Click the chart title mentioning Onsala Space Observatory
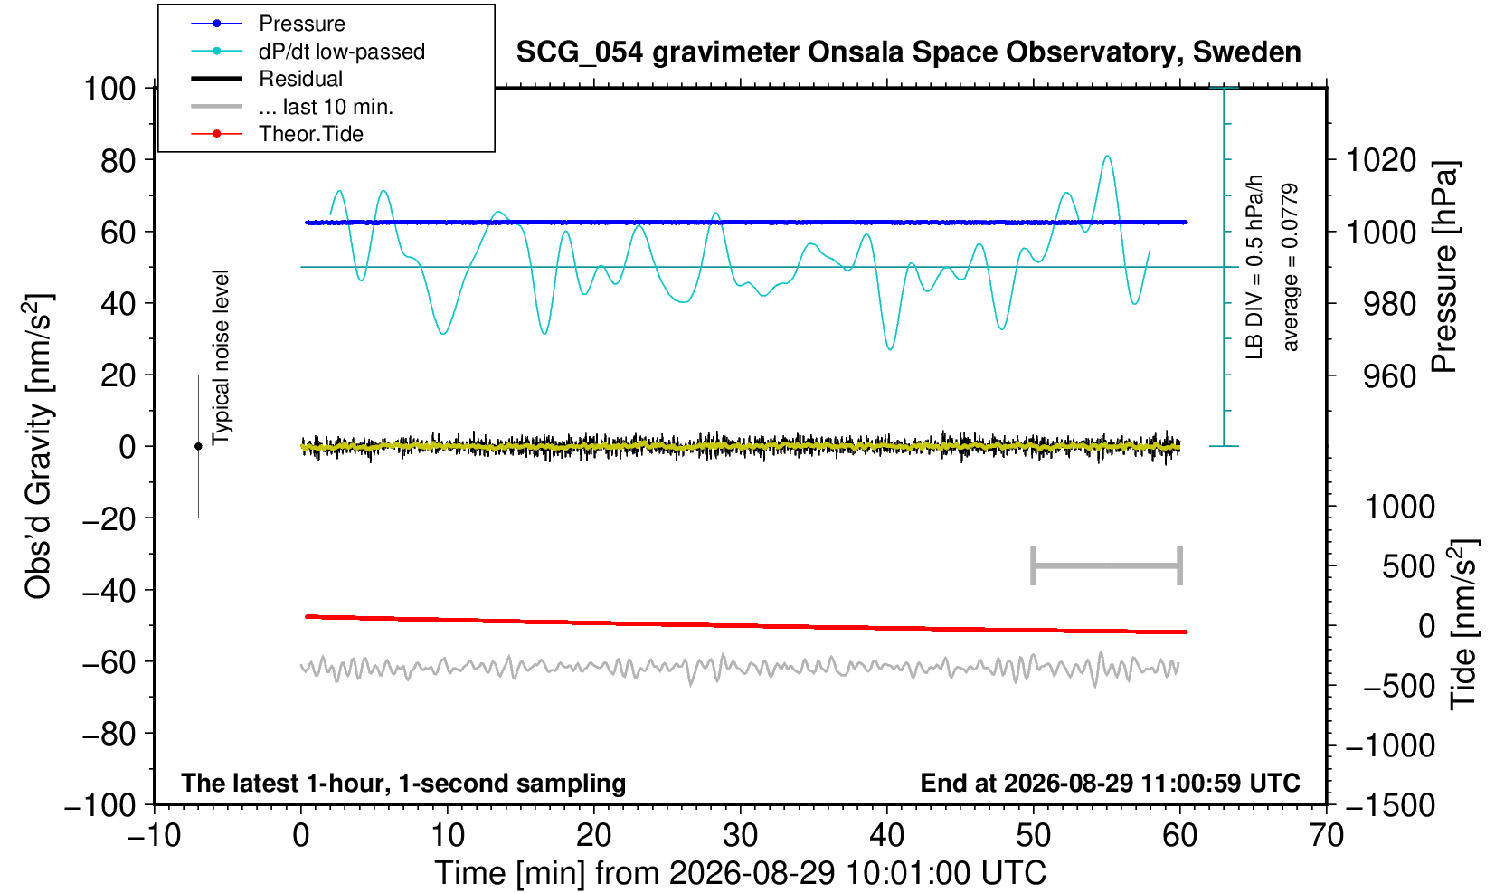909,52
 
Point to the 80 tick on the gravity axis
118,160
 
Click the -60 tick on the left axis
109,662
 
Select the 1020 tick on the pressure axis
1381,160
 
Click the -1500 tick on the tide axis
1389,805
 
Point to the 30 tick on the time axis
740,836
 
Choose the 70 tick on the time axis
1326,836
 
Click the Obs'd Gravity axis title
38,446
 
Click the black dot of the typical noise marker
198,446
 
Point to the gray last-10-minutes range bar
1107,565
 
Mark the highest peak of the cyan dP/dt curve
1108,157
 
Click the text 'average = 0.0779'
1290,267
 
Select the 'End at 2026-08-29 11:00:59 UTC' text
1110,783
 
